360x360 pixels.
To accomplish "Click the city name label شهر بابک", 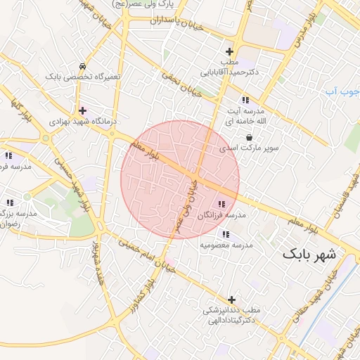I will coord(309,254).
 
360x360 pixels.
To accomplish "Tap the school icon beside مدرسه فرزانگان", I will coord(222,204).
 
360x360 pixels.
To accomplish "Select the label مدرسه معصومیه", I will coord(226,245).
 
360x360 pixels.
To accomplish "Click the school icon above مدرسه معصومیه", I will coord(225,234).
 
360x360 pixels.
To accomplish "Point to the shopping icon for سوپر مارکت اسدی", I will coord(250,137).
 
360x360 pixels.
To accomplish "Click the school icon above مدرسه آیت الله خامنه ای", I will coord(245,101).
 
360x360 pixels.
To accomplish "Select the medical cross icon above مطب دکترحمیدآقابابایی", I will coord(229,51).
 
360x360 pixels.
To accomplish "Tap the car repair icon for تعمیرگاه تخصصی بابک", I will coord(83,65).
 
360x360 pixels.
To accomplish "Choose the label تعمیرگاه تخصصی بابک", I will coord(83,76).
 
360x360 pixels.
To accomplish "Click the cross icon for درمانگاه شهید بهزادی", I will coord(83,110).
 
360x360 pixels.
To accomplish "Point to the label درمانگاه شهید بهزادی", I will coord(79,122).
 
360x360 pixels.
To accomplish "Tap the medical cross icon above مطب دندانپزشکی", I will coord(231,300).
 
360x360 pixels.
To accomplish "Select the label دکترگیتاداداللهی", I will coord(232,320).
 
